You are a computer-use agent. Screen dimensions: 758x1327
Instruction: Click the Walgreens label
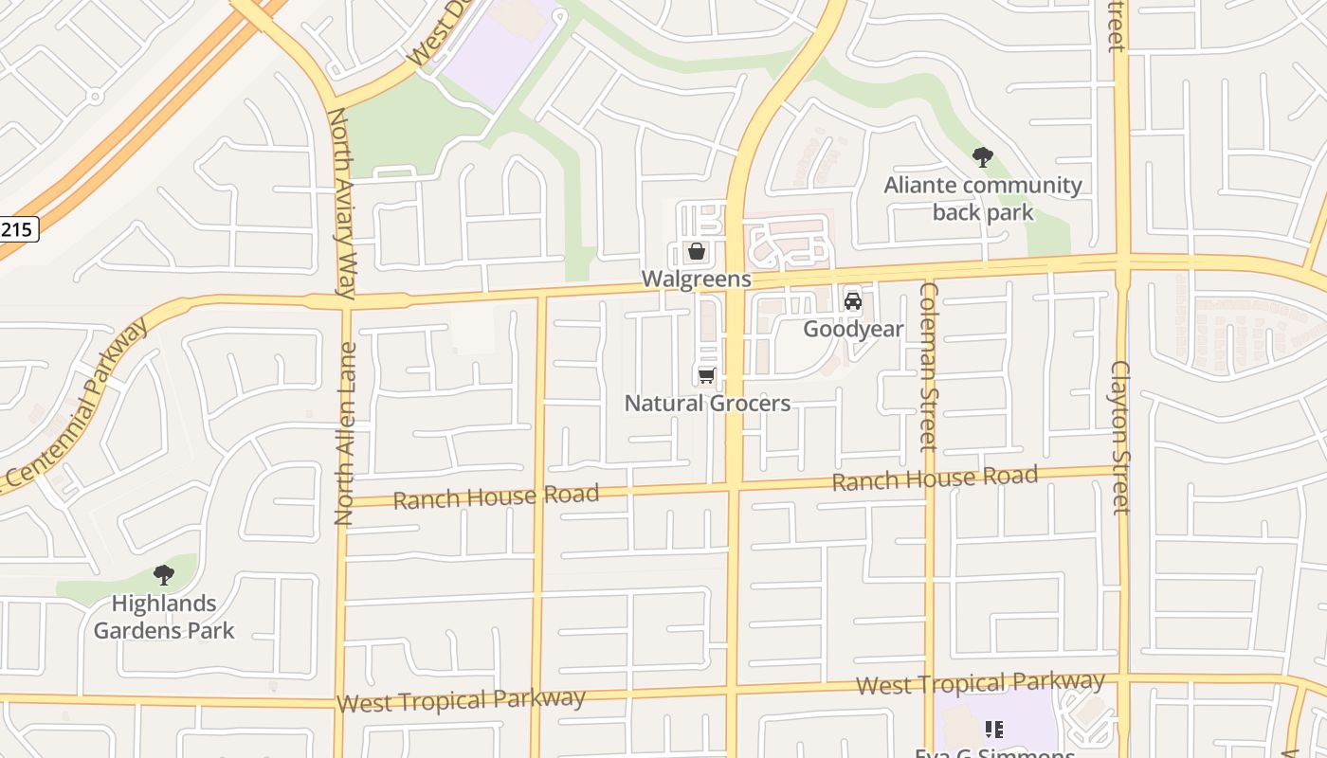coord(697,279)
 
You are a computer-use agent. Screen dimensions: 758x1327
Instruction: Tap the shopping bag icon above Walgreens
coord(697,251)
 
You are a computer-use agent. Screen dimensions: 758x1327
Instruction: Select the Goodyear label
coord(853,329)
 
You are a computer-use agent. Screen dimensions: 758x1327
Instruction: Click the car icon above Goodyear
coord(853,301)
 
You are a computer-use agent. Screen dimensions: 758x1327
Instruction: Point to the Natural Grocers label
coord(707,403)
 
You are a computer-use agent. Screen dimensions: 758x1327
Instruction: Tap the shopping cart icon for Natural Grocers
coord(706,376)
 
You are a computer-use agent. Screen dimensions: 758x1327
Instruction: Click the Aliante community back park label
coord(983,198)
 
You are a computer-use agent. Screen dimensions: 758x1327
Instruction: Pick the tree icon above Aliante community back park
coord(983,156)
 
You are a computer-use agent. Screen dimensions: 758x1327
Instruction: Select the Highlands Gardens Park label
coord(164,616)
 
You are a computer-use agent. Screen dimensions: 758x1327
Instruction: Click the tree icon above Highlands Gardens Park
coord(164,574)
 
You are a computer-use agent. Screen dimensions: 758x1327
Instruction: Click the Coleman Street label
coord(928,367)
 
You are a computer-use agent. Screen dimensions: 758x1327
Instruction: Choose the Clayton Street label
coord(1121,437)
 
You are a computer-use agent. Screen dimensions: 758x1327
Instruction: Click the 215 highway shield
coord(18,228)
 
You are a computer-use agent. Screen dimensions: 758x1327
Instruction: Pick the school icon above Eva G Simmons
coord(994,729)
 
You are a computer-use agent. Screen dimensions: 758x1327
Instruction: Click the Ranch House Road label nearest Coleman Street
coord(935,478)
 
